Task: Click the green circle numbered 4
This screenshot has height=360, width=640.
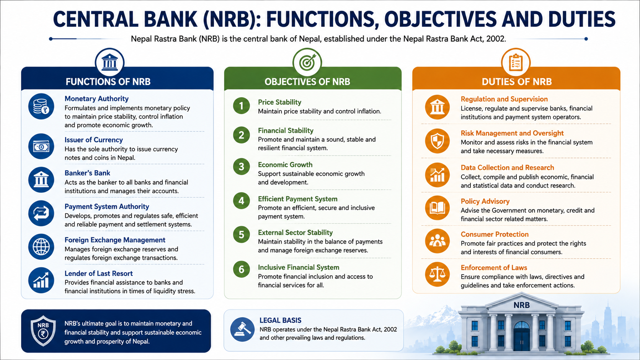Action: click(x=242, y=200)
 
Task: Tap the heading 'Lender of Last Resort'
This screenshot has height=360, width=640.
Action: click(x=99, y=274)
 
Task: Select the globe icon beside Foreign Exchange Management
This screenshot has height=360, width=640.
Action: click(x=41, y=247)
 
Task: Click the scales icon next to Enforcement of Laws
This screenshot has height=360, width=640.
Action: click(x=437, y=274)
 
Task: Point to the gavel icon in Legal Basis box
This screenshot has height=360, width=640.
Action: click(x=242, y=329)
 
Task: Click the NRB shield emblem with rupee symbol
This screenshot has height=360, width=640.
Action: click(x=43, y=331)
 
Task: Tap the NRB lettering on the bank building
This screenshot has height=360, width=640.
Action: click(x=521, y=305)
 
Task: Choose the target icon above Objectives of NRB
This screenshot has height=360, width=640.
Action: click(x=307, y=62)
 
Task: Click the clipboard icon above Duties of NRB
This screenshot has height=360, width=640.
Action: click(x=516, y=62)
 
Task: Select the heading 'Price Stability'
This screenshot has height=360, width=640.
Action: click(x=279, y=102)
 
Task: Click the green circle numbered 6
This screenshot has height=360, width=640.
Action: click(x=242, y=269)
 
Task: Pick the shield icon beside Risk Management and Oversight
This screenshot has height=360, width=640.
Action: click(x=437, y=141)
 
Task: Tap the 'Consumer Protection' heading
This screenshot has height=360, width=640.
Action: click(x=495, y=235)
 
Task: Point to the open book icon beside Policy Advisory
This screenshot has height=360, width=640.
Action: click(x=437, y=208)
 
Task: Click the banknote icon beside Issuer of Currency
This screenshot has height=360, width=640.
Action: click(x=41, y=147)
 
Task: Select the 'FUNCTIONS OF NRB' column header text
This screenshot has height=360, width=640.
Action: click(x=108, y=81)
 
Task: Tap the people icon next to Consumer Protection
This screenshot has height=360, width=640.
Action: click(x=437, y=241)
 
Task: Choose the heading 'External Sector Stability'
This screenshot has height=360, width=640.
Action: click(x=295, y=233)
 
